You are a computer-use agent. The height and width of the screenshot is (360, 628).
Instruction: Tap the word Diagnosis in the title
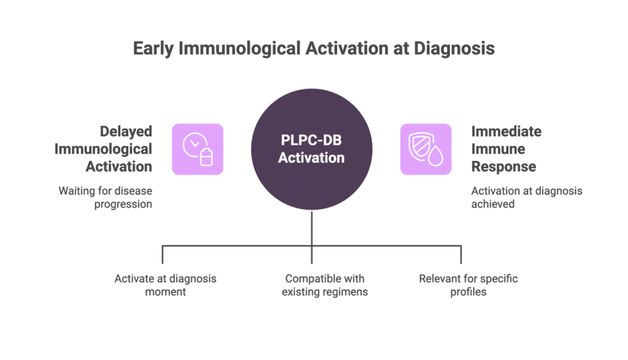pyautogui.click(x=454, y=49)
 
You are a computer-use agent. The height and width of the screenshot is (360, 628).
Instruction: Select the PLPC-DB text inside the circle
pyautogui.click(x=311, y=140)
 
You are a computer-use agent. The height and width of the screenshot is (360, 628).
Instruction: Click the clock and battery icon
pyautogui.click(x=197, y=149)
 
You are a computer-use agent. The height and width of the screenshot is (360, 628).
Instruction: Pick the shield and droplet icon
pyautogui.click(x=426, y=149)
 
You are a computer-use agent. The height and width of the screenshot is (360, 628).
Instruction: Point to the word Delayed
pyautogui.click(x=126, y=131)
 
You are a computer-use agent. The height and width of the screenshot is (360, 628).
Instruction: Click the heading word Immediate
pyautogui.click(x=506, y=131)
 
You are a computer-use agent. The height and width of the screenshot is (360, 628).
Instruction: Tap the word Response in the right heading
pyautogui.click(x=504, y=167)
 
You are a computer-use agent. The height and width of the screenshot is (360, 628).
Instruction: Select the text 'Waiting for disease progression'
pyautogui.click(x=105, y=197)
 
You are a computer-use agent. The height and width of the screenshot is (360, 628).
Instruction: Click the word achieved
pyautogui.click(x=492, y=204)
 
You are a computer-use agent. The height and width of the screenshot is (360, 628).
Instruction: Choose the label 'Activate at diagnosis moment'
pyautogui.click(x=166, y=285)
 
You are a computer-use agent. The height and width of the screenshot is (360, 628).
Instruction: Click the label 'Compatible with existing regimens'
pyautogui.click(x=324, y=285)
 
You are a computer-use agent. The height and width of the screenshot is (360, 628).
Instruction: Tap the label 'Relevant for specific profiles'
pyautogui.click(x=468, y=285)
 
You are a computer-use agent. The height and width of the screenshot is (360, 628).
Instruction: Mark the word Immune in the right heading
pyautogui.click(x=498, y=149)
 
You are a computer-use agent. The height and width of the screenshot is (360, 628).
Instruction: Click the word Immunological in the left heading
pyautogui.click(x=103, y=149)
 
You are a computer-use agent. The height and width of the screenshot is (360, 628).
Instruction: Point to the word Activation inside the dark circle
pyautogui.click(x=311, y=158)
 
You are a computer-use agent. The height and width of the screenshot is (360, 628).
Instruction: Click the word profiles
pyautogui.click(x=468, y=293)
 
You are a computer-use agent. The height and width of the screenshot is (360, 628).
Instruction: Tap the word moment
pyautogui.click(x=166, y=292)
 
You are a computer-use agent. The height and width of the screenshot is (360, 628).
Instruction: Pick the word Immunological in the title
pyautogui.click(x=239, y=49)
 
